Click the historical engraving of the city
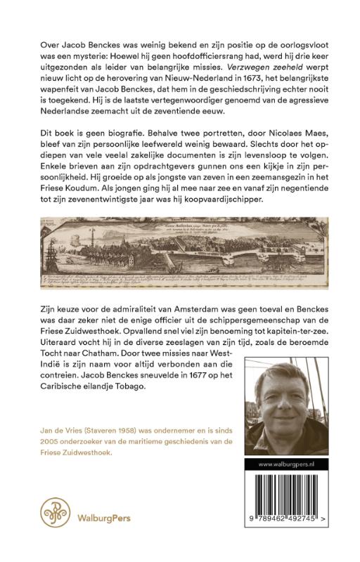pyautogui.click(x=179, y=248)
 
